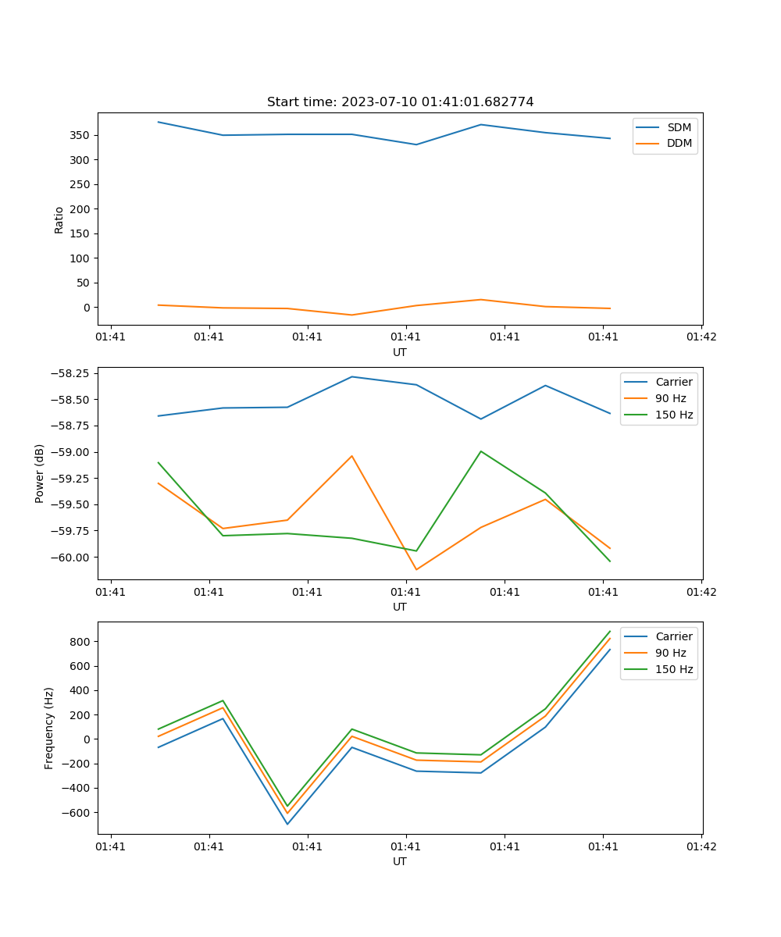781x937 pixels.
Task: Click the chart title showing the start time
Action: pyautogui.click(x=400, y=102)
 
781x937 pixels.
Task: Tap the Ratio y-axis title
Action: pyautogui.click(x=59, y=219)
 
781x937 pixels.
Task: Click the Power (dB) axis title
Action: pyautogui.click(x=40, y=473)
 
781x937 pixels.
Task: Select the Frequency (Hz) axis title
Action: pyautogui.click(x=49, y=728)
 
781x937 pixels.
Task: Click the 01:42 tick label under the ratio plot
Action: pyautogui.click(x=701, y=337)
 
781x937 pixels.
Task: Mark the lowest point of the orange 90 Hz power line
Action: pyautogui.click(x=416, y=569)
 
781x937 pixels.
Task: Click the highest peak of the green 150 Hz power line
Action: pyautogui.click(x=480, y=451)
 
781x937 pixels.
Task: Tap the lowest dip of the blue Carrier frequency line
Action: pyautogui.click(x=287, y=824)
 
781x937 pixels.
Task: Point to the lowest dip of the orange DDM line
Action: pyautogui.click(x=351, y=315)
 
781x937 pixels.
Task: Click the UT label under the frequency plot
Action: pyautogui.click(x=400, y=861)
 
